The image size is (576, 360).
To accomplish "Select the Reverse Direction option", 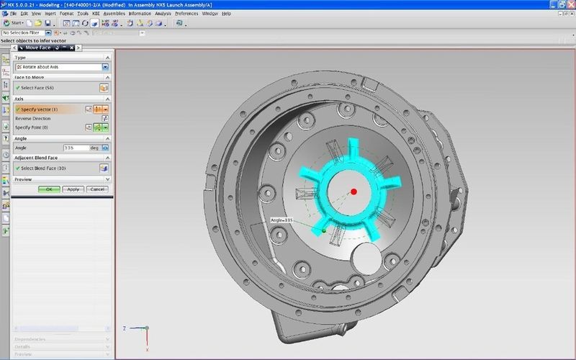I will click(33, 118).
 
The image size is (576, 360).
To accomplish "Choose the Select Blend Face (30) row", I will click(47, 168).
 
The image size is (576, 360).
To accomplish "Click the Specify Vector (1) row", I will click(43, 109).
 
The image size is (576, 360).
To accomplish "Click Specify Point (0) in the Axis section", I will click(37, 127).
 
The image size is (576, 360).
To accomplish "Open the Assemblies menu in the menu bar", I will click(114, 14).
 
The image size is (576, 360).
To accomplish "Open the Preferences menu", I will click(186, 14).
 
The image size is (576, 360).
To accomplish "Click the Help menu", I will click(227, 14).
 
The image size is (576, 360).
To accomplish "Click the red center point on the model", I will click(354, 191).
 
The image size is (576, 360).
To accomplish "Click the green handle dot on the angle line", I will click(325, 230).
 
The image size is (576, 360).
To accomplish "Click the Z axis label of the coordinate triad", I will click(125, 328).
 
